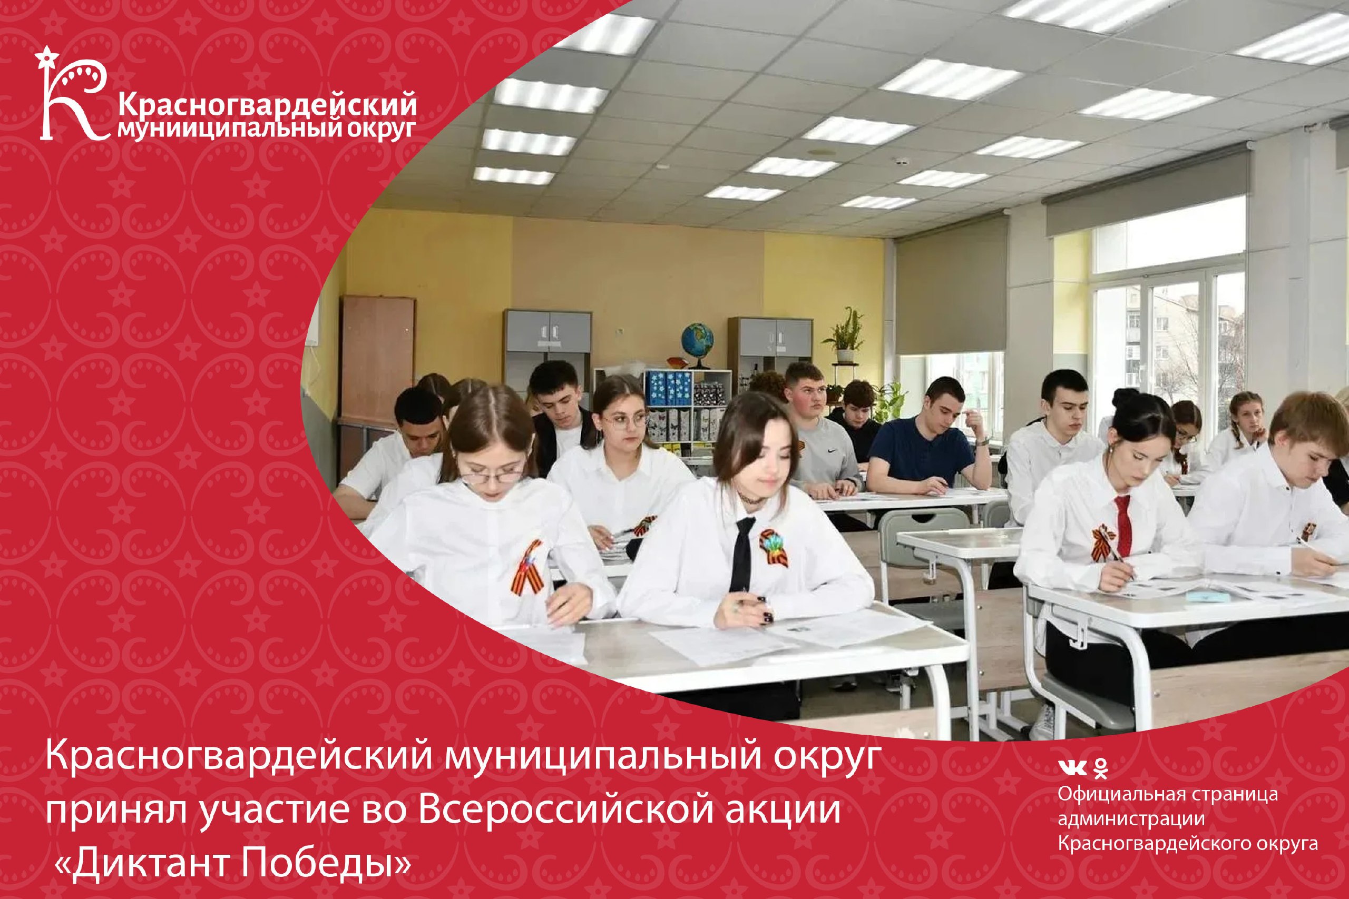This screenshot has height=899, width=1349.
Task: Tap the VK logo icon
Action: pyautogui.click(x=1072, y=768)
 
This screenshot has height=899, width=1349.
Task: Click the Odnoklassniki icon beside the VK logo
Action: pyautogui.click(x=1100, y=768)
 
